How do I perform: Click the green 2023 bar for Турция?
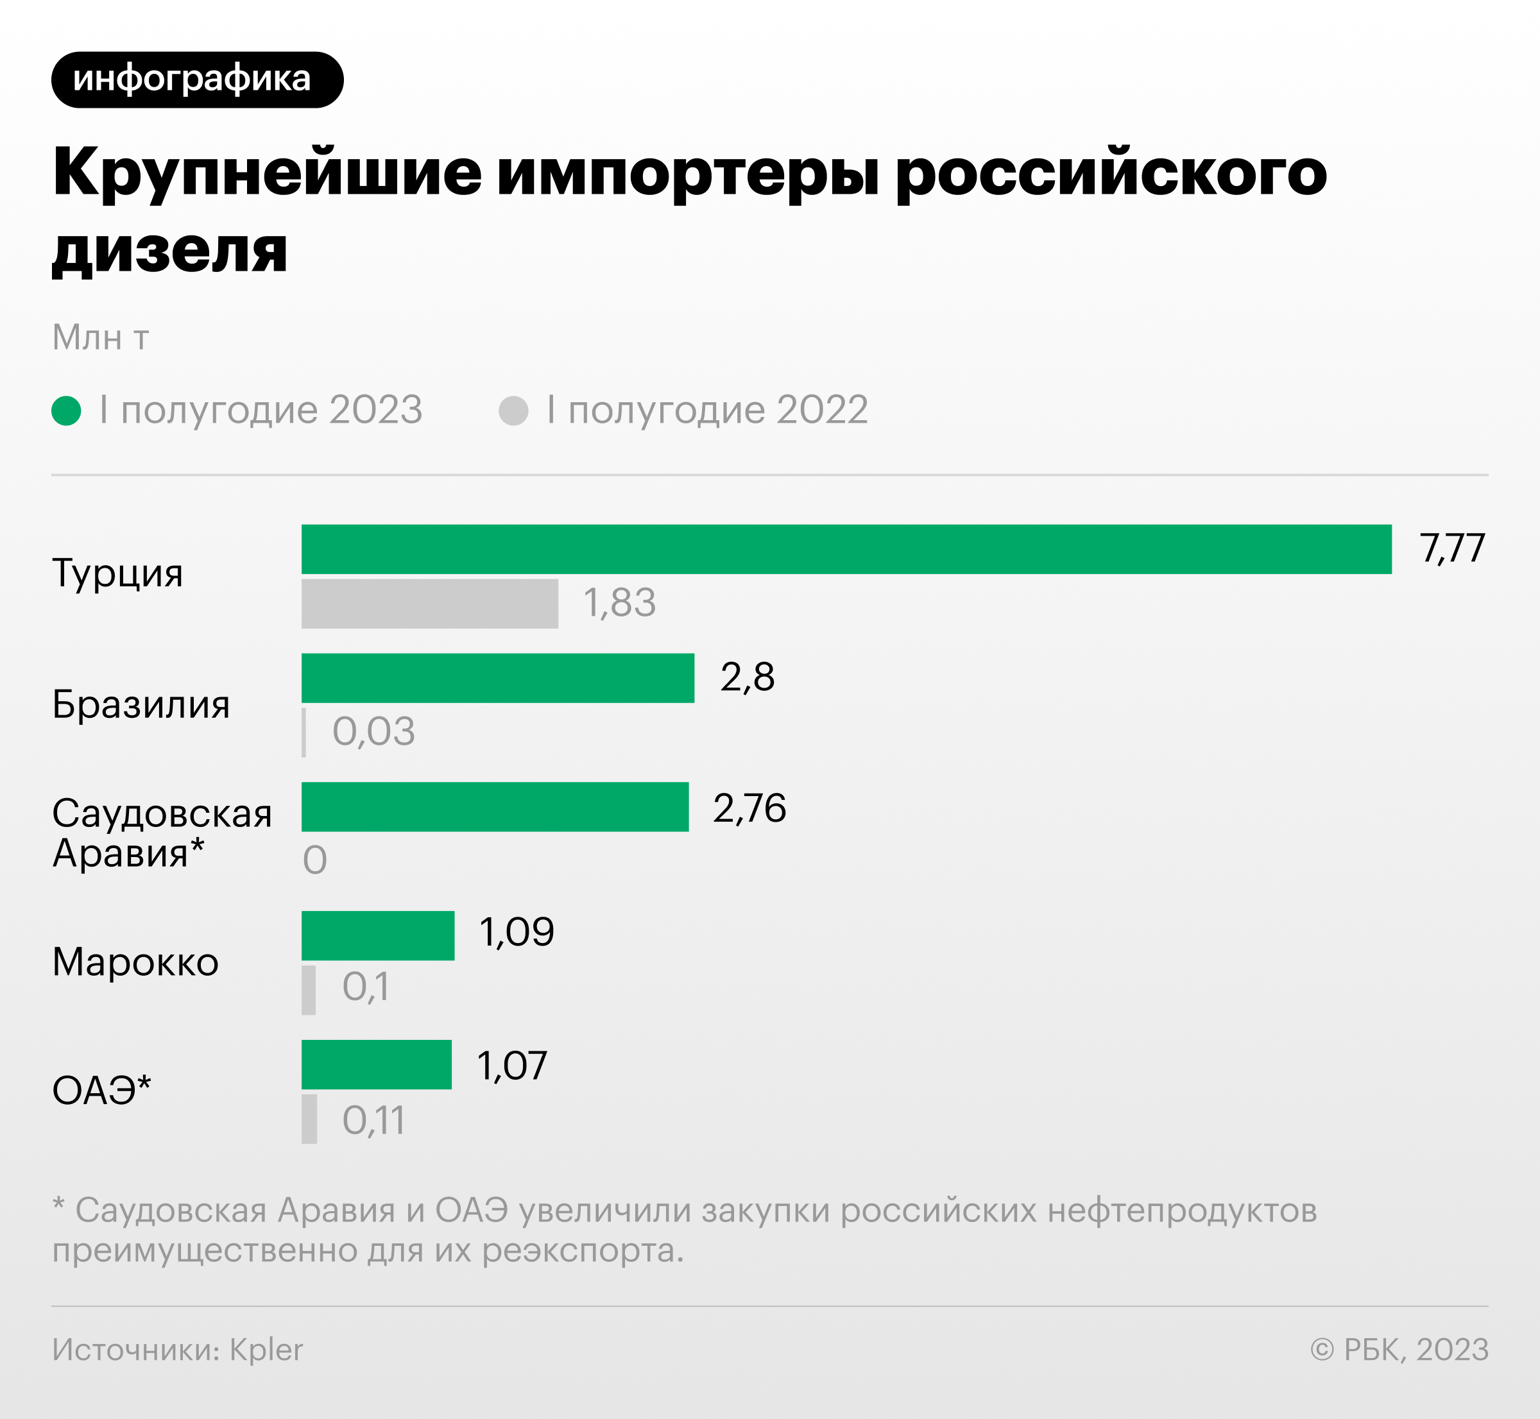(846, 549)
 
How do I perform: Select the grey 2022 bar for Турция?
(429, 604)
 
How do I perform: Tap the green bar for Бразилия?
(498, 678)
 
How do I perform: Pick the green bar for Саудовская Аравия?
(495, 806)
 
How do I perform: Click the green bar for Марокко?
(378, 935)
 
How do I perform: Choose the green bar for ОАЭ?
(377, 1064)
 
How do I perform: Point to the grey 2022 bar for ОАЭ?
(309, 1119)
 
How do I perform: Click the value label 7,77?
(1451, 548)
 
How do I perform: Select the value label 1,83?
(619, 603)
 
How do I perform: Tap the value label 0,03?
(373, 732)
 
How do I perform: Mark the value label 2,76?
(749, 808)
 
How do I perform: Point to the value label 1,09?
(516, 932)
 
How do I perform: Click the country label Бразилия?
(141, 704)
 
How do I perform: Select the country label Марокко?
(135, 962)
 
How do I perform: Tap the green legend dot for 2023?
(66, 410)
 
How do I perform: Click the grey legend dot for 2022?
(513, 410)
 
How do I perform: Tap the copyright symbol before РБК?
(1322, 1349)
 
